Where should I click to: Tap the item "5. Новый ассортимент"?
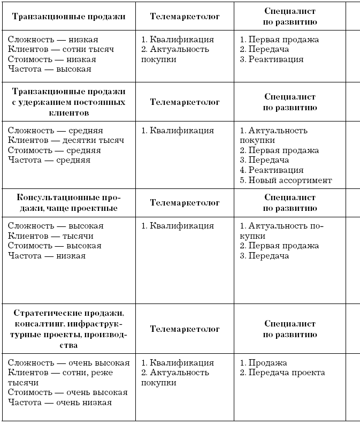(x=286, y=180)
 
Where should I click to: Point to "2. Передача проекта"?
(x=282, y=373)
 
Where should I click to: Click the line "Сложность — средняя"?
(x=56, y=131)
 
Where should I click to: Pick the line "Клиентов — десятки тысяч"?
(x=66, y=140)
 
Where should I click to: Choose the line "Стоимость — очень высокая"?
(x=68, y=392)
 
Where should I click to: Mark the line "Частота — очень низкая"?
(x=60, y=403)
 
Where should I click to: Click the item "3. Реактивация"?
(x=271, y=59)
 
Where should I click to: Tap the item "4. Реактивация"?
(x=271, y=170)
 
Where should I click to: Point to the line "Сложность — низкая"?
(x=53, y=40)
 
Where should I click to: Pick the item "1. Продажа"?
(x=263, y=363)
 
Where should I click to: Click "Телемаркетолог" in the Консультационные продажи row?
(x=185, y=203)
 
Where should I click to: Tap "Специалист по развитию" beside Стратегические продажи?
(x=290, y=329)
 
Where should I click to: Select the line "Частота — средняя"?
(x=49, y=160)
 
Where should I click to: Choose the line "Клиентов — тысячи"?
(x=51, y=236)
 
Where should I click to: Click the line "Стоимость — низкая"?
(x=52, y=59)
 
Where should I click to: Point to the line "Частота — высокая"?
(x=50, y=69)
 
